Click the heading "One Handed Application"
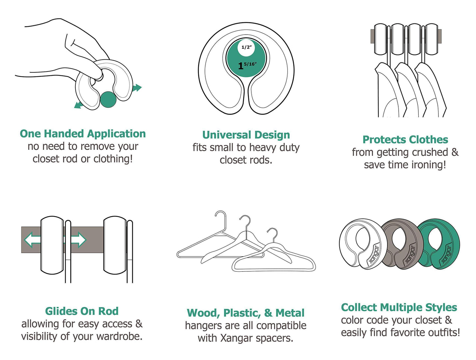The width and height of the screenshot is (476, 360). [83, 134]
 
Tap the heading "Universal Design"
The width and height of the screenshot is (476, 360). [246, 135]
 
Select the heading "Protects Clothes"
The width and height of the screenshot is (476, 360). [405, 140]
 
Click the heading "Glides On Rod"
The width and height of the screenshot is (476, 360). [82, 311]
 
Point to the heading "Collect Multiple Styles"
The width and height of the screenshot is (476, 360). [399, 307]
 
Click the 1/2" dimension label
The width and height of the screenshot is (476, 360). [247, 47]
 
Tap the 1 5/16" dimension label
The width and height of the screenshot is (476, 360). [247, 66]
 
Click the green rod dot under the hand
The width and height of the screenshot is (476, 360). [108, 99]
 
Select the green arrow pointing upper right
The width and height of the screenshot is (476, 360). [137, 88]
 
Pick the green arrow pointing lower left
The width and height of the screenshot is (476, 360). [79, 105]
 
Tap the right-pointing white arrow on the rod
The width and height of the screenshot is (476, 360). [78, 240]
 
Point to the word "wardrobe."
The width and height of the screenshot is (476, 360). [120, 336]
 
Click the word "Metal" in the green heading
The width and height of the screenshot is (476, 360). [290, 313]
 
